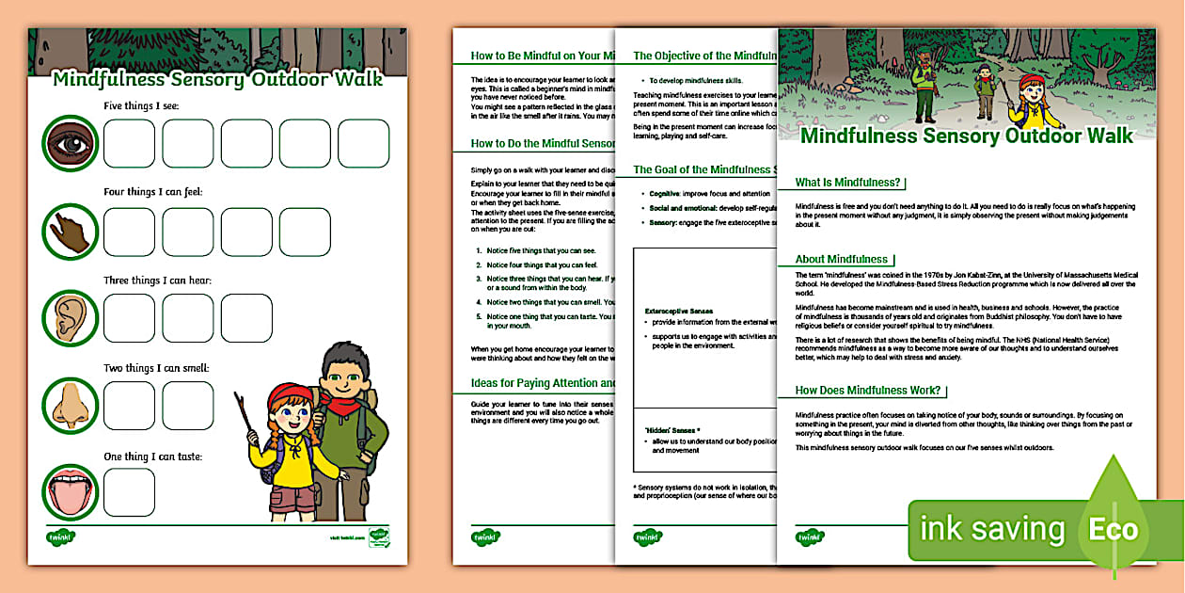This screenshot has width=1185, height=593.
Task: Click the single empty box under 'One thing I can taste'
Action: [128, 492]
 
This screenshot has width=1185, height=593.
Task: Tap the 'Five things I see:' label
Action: [141, 105]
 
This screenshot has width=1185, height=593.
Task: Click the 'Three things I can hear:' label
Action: [157, 280]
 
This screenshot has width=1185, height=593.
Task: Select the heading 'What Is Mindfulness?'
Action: [847, 183]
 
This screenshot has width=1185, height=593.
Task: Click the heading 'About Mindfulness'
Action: [842, 259]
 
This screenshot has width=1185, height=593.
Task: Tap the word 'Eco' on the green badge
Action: [1114, 529]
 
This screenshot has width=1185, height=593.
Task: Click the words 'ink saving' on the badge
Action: [991, 530]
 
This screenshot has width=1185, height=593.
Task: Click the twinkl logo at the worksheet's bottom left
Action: [61, 537]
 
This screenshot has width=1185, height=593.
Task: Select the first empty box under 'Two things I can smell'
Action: [128, 406]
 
